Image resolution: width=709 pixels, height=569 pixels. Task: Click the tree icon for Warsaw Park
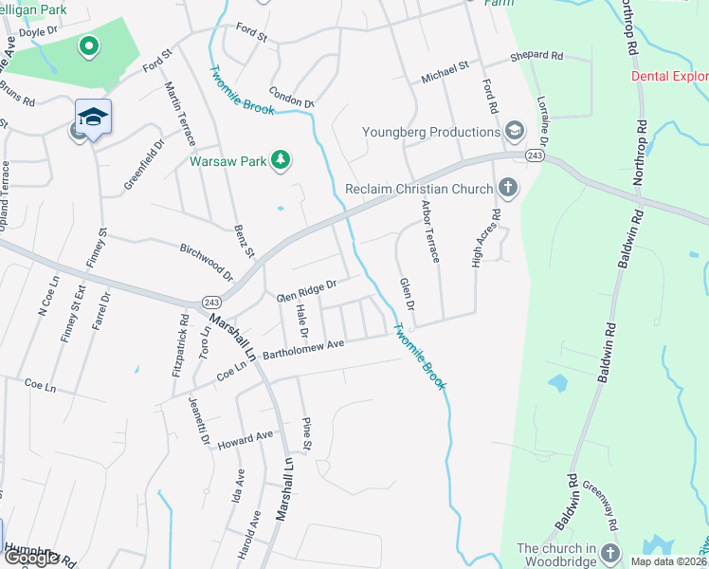(x=280, y=160)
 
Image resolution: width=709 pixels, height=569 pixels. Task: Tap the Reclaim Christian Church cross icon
(x=508, y=188)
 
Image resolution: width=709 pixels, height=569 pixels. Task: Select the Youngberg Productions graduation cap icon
(x=515, y=131)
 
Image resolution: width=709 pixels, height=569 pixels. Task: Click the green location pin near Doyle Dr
(x=88, y=46)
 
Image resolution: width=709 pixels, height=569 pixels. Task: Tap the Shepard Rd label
(x=536, y=57)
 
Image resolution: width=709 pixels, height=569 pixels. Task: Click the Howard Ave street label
(x=245, y=437)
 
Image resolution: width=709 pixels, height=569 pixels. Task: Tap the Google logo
(x=32, y=558)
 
